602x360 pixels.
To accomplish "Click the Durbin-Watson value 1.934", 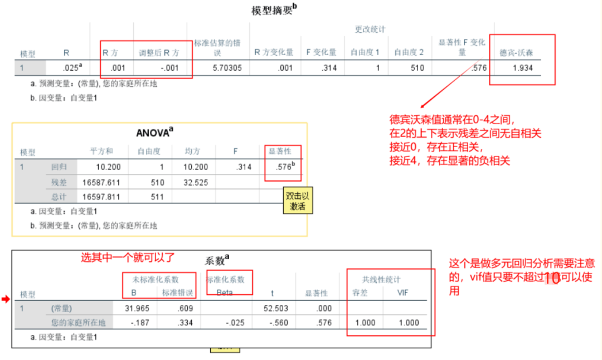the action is (522, 68).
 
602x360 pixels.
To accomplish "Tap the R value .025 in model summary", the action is (72, 68).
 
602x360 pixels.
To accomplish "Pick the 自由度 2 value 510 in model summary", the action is (416, 68).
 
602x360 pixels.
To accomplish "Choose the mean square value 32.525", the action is (196, 182).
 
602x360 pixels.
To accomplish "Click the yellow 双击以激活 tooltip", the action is (298, 201).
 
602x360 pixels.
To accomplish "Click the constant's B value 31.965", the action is (135, 308).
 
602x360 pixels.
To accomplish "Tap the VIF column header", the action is (406, 293).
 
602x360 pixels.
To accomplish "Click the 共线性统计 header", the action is (382, 279).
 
